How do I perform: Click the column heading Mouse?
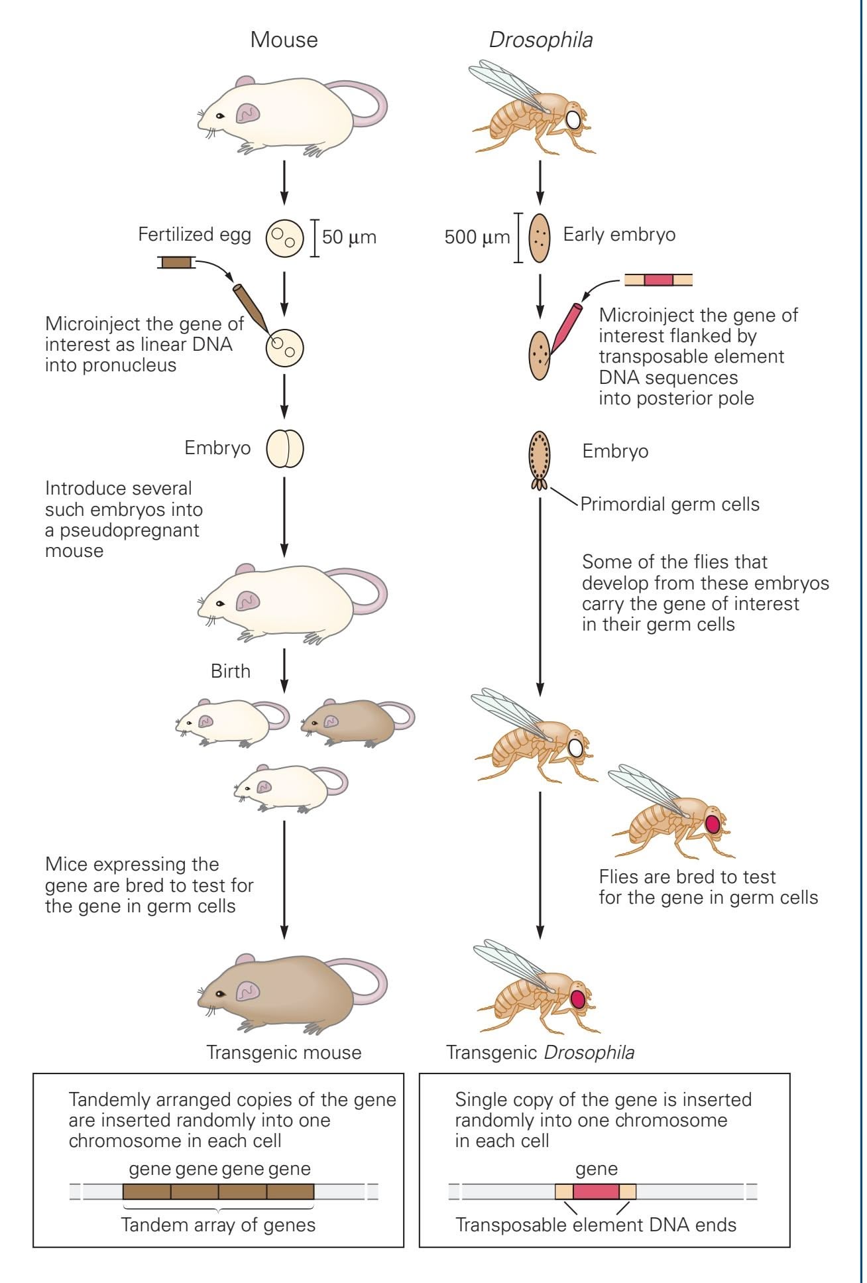[284, 40]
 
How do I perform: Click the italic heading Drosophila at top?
[541, 40]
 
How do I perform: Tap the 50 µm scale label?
[349, 237]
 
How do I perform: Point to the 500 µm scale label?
[477, 237]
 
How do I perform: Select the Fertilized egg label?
[194, 234]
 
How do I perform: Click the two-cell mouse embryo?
[285, 449]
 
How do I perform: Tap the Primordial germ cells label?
[669, 504]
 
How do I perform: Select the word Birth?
[231, 671]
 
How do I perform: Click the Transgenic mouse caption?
[284, 1052]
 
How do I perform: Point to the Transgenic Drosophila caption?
[540, 1052]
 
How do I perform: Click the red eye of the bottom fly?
[578, 998]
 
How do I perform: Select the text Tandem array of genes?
[218, 1225]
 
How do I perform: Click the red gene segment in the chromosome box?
[596, 1191]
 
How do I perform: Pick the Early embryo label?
[619, 234]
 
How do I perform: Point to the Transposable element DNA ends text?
[596, 1225]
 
